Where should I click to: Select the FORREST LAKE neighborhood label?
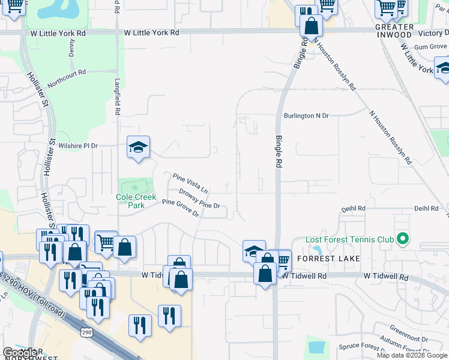pos(328,259)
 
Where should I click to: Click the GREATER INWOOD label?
pos(394,31)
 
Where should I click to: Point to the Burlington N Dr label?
pos(306,116)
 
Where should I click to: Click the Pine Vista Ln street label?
pos(190,183)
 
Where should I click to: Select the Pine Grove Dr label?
pos(180,209)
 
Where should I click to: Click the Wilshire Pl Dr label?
pos(77,145)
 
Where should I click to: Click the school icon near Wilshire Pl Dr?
pos(138,148)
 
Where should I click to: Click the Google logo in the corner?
pos(20,353)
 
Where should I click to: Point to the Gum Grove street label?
pos(430,46)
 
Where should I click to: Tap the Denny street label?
pos(72,47)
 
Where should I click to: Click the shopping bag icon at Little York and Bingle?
pos(312,26)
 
